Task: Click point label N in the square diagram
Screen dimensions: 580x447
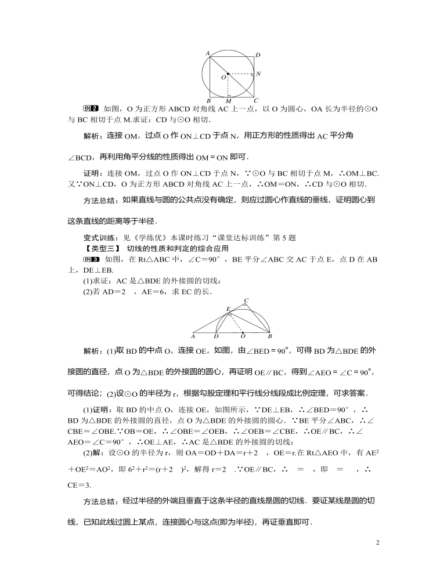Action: [258, 74]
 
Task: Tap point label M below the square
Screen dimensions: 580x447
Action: [228, 101]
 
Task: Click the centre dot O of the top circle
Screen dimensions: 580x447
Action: [228, 74]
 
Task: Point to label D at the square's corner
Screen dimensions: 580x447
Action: [258, 55]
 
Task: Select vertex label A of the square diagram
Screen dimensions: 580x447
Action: [207, 53]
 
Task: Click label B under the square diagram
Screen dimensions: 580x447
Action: [208, 101]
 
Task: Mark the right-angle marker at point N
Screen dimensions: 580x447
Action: [252, 75]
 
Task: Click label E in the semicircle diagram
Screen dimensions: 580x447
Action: [228, 309]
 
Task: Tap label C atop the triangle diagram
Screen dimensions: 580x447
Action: [246, 300]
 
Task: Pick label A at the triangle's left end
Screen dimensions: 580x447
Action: [193, 336]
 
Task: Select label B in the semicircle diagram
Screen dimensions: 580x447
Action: [269, 336]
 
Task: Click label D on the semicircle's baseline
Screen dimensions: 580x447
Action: [216, 336]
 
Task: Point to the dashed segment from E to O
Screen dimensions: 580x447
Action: [236, 322]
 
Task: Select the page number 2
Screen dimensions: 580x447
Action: [377, 543]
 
